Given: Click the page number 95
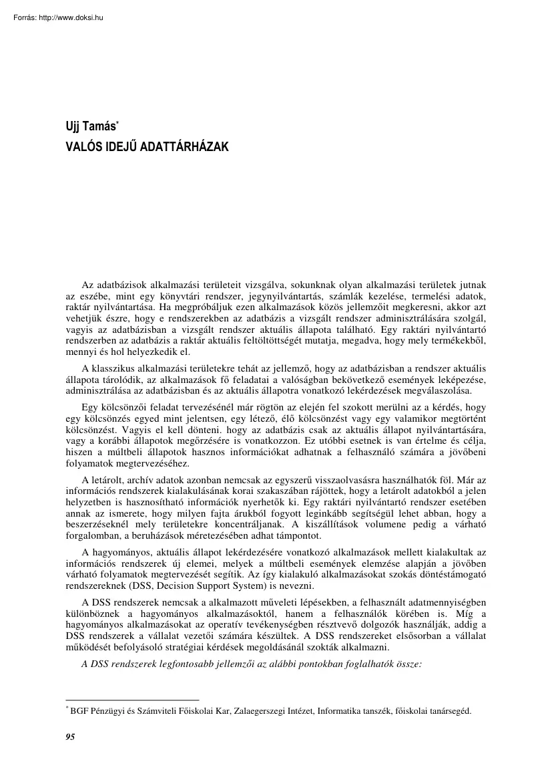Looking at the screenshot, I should point(70,737).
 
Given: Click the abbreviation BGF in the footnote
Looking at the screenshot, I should point(79,711).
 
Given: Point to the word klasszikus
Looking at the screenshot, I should point(122,369).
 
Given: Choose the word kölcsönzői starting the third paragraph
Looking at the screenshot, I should point(121,406).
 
